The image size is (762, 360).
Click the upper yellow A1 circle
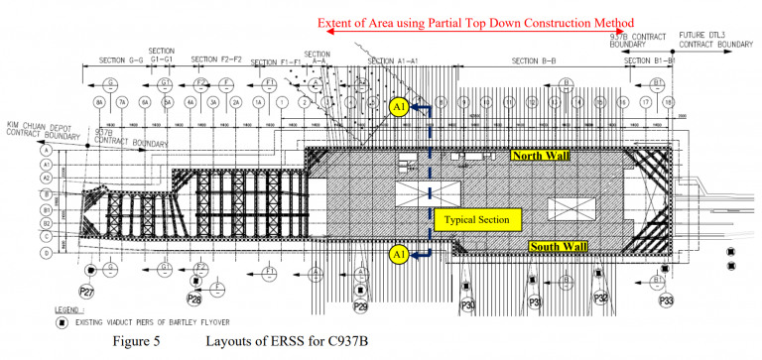[x=399, y=108]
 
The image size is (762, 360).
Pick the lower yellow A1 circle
[x=399, y=254]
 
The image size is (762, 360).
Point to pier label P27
[x=88, y=292]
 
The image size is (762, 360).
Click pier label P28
[x=194, y=298]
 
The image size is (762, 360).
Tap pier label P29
[x=360, y=307]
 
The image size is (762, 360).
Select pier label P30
[x=468, y=305]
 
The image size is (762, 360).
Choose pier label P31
[x=536, y=302]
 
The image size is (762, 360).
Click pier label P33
[x=667, y=299]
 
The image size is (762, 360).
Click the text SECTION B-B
[x=534, y=60]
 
